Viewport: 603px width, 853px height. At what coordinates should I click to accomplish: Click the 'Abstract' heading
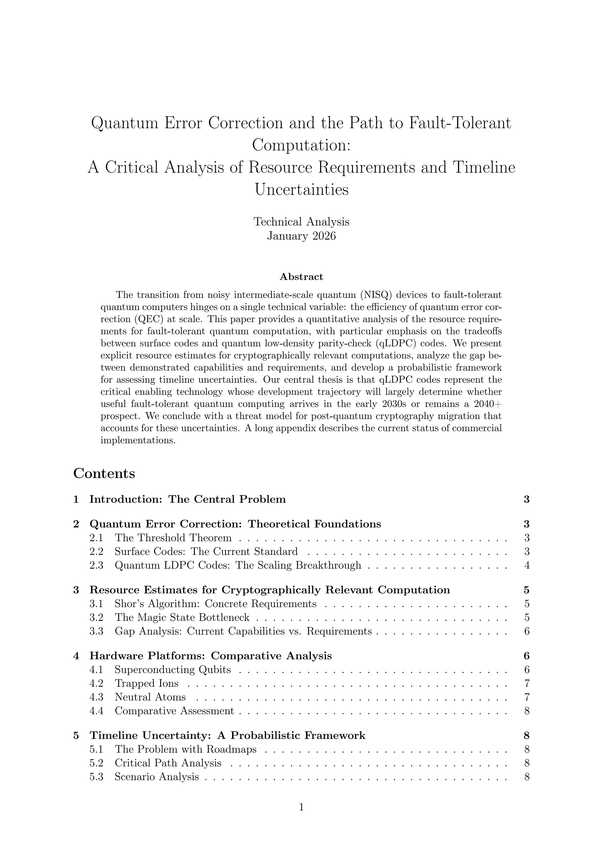point(301,277)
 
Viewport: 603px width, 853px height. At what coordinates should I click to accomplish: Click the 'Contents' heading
point(104,474)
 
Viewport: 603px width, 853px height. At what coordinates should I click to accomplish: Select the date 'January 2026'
point(301,236)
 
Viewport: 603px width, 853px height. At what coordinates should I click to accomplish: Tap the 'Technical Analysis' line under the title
point(301,221)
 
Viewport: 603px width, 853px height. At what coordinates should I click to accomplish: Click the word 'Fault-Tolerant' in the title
point(460,123)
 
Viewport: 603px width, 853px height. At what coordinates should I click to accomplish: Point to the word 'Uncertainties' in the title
point(301,189)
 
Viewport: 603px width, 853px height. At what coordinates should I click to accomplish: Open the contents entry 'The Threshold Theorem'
point(173,538)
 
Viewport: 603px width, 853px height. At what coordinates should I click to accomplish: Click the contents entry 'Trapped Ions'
point(146,683)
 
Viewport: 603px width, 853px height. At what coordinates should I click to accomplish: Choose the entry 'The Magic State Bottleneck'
point(182,617)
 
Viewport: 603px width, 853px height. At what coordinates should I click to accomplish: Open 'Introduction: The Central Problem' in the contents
point(188,499)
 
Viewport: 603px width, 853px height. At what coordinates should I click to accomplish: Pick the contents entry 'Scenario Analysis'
point(157,776)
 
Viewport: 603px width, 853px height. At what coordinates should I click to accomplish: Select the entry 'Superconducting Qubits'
point(173,669)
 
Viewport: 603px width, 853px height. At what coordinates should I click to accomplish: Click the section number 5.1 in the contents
point(97,749)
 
